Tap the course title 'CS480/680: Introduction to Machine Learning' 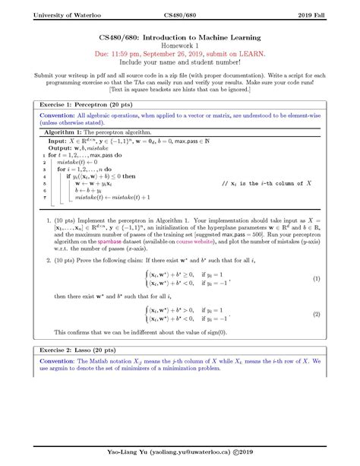180,36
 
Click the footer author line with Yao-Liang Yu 180,454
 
